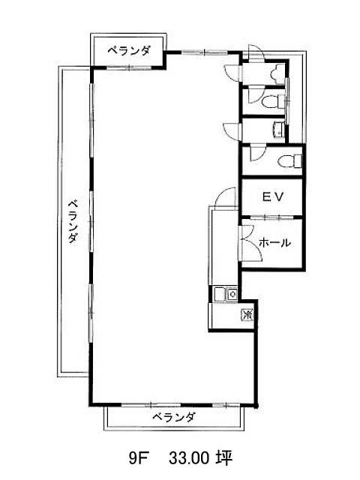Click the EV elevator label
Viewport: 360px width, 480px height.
pos(273,196)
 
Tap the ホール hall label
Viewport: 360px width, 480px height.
pos(274,243)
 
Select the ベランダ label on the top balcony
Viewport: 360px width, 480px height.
pos(129,50)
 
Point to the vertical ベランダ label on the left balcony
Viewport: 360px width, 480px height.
pos(73,221)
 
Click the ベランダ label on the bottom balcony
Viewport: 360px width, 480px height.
pos(173,417)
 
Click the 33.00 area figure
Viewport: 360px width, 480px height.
pos(189,458)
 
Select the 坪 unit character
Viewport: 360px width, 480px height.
pos(225,458)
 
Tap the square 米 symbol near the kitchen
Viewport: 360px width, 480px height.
pos(247,314)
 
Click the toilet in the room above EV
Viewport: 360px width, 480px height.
pos(289,161)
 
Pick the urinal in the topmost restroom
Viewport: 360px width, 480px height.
pos(278,74)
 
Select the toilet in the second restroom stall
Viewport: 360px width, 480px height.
pos(273,101)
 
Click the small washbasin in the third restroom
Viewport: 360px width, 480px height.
pos(279,128)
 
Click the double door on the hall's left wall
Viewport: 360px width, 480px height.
pos(251,243)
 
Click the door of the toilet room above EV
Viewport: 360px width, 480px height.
pos(257,153)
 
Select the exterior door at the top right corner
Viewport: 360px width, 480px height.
pos(256,52)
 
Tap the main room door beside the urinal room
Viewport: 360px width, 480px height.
pos(233,73)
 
